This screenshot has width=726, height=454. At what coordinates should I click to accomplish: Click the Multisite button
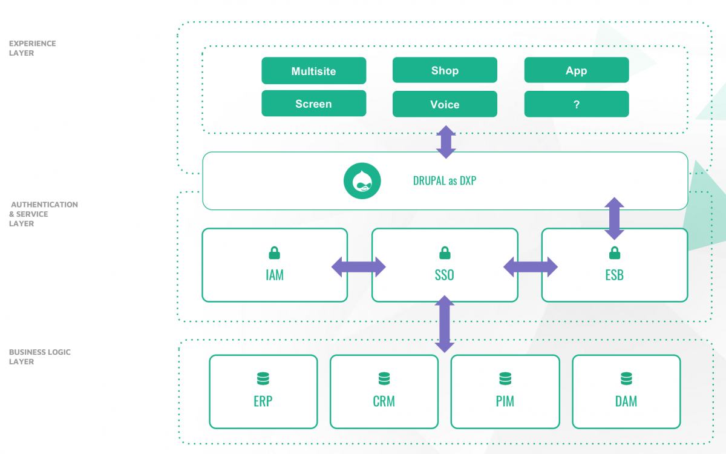314,71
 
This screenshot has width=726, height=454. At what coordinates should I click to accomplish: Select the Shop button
445,70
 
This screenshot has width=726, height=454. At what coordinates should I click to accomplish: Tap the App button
577,70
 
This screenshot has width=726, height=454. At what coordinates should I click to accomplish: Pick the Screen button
314,104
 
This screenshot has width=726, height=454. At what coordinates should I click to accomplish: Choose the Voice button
445,104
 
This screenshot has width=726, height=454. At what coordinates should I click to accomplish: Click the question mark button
577,104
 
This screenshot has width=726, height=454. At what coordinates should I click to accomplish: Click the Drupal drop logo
362,180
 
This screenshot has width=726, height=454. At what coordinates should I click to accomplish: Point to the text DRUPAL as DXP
444,180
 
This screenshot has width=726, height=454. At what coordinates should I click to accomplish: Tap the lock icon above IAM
274,252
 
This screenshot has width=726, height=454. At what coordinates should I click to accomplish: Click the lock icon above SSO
445,252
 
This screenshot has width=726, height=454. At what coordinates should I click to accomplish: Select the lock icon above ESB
615,252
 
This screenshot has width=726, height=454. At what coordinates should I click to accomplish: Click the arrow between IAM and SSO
358,267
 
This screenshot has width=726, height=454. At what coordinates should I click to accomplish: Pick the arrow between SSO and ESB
530,267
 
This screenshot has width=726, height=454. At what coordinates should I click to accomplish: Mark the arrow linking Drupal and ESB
614,219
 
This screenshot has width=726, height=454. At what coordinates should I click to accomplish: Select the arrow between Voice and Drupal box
446,142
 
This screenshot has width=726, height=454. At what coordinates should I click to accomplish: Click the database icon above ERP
263,378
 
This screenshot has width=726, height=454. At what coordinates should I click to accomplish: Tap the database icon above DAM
626,378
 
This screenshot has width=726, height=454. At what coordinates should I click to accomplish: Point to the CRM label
384,401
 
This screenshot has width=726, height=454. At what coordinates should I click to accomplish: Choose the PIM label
505,401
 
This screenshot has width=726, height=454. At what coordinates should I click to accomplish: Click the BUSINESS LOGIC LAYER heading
39,357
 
